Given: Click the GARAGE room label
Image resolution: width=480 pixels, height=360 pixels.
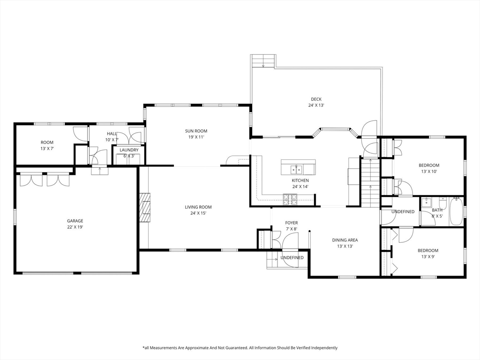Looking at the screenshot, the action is point(75,221).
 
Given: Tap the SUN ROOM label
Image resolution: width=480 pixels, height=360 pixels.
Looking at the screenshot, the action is point(196,131).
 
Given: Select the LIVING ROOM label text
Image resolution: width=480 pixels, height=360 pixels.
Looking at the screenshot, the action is point(198,207).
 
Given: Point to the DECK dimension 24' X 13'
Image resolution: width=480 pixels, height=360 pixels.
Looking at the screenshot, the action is point(316,105).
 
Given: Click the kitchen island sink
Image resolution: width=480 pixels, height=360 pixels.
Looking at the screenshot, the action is point(296,169).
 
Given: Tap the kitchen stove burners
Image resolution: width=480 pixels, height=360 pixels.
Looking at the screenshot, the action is point(290,199).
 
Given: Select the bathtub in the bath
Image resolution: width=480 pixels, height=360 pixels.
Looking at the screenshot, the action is point(456,211).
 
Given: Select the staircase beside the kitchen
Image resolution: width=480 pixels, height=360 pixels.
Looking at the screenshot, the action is point(370,182).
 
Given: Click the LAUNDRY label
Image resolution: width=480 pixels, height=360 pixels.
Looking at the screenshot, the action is point(129,150).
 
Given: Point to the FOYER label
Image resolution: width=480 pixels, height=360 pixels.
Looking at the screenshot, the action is point(291,223).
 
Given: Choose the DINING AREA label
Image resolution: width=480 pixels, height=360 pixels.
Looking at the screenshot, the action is point(345,240).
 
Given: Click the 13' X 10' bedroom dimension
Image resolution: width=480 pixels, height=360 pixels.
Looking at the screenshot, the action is point(429,172).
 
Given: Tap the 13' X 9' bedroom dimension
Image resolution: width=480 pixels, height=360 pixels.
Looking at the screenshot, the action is point(428,256).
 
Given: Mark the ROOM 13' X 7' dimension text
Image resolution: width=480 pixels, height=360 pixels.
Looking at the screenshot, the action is point(47,149).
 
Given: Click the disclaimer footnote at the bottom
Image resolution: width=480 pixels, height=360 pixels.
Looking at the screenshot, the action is point(240,348).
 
